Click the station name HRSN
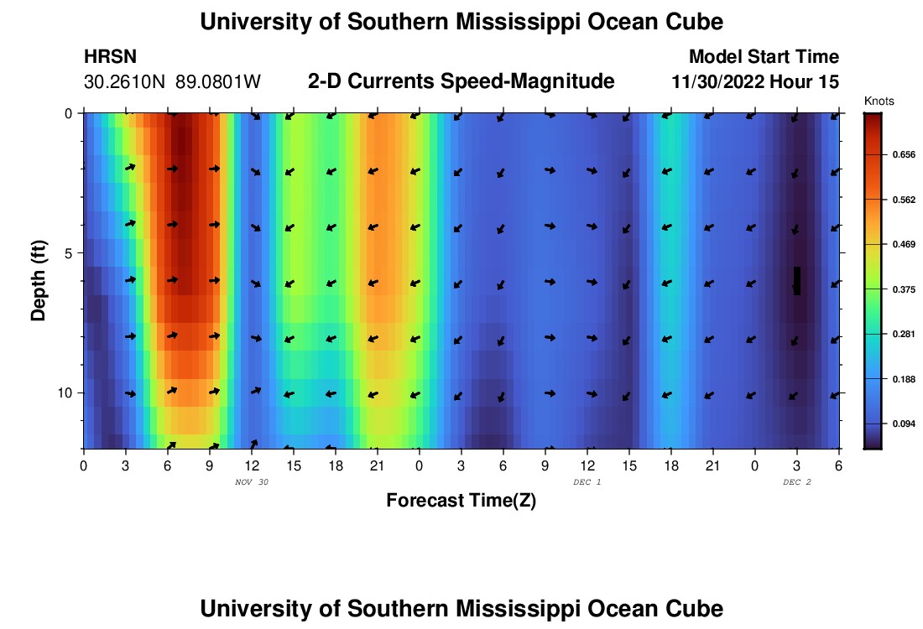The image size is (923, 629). click(x=111, y=57)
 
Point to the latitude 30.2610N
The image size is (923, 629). click(x=126, y=82)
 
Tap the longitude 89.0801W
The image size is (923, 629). click(x=218, y=82)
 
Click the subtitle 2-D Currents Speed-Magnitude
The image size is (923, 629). click(x=461, y=81)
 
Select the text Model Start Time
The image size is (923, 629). click(x=764, y=57)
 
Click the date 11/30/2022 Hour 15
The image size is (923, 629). click(x=755, y=82)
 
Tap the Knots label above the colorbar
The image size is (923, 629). click(x=879, y=101)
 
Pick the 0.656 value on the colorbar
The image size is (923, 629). click(x=902, y=155)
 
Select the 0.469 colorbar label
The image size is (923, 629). click(x=902, y=244)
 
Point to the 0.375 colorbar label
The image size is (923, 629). click(x=902, y=289)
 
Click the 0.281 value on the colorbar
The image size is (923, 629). click(x=902, y=334)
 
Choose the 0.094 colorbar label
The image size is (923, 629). click(x=902, y=424)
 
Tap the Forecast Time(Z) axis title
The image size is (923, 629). click(x=461, y=501)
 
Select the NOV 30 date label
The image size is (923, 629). click(x=252, y=482)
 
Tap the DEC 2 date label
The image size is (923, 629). click(x=797, y=482)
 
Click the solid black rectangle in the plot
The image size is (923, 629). click(x=797, y=281)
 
